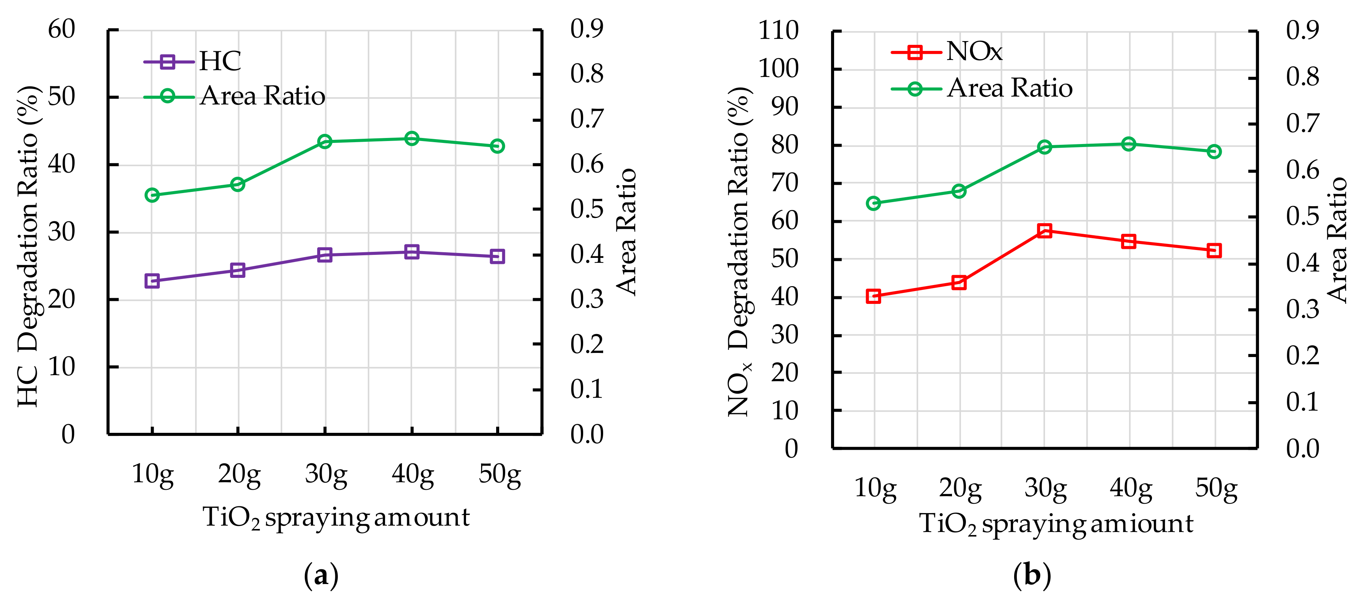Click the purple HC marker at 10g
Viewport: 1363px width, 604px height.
(x=152, y=281)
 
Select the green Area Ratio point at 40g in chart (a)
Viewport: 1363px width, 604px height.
(x=412, y=139)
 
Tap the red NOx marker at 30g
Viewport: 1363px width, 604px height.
(x=1044, y=230)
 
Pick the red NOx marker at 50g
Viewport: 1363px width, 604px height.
(x=1214, y=250)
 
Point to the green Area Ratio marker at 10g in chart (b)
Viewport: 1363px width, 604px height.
(x=874, y=203)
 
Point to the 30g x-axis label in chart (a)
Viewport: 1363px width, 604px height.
(x=326, y=474)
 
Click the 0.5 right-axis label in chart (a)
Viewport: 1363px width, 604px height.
(x=586, y=209)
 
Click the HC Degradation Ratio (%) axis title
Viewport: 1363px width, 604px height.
(x=28, y=246)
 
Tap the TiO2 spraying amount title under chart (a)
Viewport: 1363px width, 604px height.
(x=336, y=518)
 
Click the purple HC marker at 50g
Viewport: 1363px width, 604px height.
(x=497, y=257)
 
